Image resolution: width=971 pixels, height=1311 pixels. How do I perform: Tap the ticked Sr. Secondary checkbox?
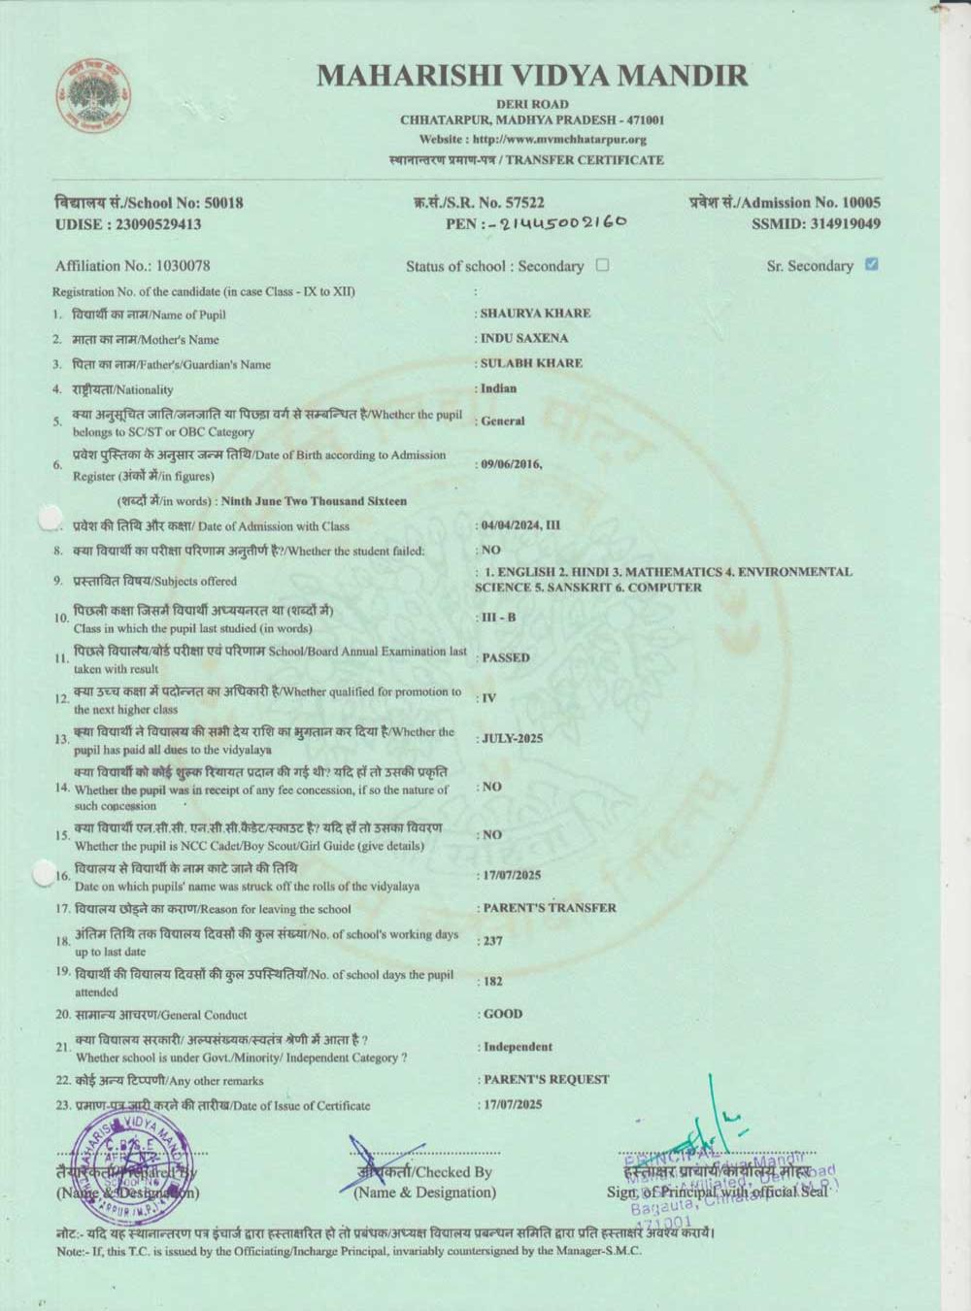tap(871, 264)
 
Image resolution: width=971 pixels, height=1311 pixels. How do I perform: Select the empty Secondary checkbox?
tap(602, 265)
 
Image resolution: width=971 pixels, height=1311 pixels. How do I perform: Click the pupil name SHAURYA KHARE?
tap(535, 314)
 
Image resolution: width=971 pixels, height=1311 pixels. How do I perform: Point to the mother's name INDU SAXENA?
tap(524, 339)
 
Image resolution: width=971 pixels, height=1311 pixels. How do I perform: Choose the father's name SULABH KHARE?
tap(531, 363)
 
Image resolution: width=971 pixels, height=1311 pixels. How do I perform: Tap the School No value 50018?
tap(224, 203)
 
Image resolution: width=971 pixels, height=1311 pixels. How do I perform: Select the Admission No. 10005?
tap(858, 203)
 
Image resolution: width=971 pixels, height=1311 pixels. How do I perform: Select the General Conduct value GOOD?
tap(503, 1014)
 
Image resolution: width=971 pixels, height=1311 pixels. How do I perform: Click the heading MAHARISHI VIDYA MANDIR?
tap(532, 75)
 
